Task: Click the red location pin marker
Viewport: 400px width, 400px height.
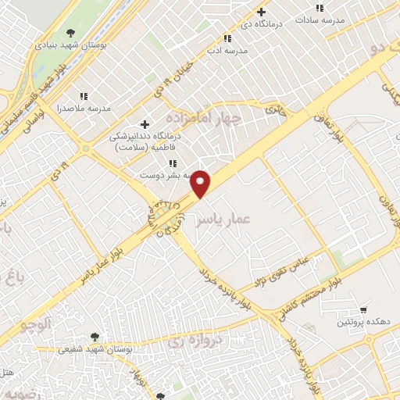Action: (201, 184)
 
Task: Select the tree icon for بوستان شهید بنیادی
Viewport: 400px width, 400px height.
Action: (71, 33)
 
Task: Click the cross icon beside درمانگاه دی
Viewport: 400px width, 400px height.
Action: (261, 12)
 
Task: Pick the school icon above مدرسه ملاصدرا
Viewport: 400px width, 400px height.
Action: (84, 97)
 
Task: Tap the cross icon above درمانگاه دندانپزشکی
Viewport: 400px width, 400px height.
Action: (144, 124)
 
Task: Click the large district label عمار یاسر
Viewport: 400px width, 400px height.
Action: (223, 221)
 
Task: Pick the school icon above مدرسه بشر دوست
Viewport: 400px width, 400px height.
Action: (172, 164)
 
